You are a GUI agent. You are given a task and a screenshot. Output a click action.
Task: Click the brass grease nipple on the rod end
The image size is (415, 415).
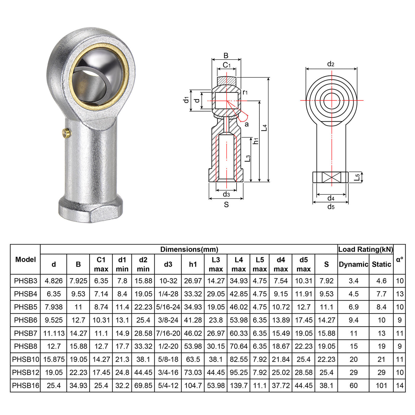[66, 133]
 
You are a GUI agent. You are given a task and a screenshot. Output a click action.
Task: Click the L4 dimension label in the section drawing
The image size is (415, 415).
[264, 128]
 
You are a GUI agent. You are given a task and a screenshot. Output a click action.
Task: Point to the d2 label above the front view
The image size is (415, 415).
[331, 64]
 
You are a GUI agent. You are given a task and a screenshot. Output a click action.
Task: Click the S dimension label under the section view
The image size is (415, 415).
[226, 205]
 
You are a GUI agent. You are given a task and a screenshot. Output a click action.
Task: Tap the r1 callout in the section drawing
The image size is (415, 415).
[245, 92]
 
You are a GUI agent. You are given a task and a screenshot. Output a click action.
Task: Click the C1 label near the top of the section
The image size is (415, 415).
[226, 65]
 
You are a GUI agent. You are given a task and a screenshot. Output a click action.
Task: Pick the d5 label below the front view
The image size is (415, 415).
[331, 207]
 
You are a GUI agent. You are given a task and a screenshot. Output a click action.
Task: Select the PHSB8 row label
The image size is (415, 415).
[25, 346]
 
